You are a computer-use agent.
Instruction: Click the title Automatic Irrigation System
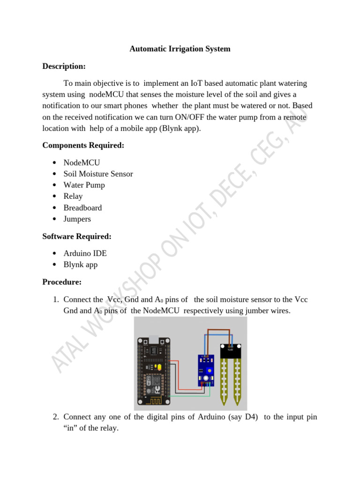(x=180, y=49)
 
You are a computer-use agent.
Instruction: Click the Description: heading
(x=64, y=66)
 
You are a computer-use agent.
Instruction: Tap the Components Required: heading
(x=83, y=145)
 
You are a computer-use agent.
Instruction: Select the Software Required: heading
(x=77, y=236)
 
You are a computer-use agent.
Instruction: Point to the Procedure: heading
(x=62, y=282)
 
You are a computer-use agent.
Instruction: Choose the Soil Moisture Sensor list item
(x=98, y=174)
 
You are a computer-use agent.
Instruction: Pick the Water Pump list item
(x=84, y=185)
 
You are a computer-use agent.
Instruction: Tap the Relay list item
(x=73, y=196)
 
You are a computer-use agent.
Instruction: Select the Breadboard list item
(x=82, y=208)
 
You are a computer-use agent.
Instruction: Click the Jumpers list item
(x=77, y=219)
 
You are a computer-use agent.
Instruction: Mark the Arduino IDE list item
(x=85, y=254)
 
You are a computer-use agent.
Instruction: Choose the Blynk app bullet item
(x=81, y=265)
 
